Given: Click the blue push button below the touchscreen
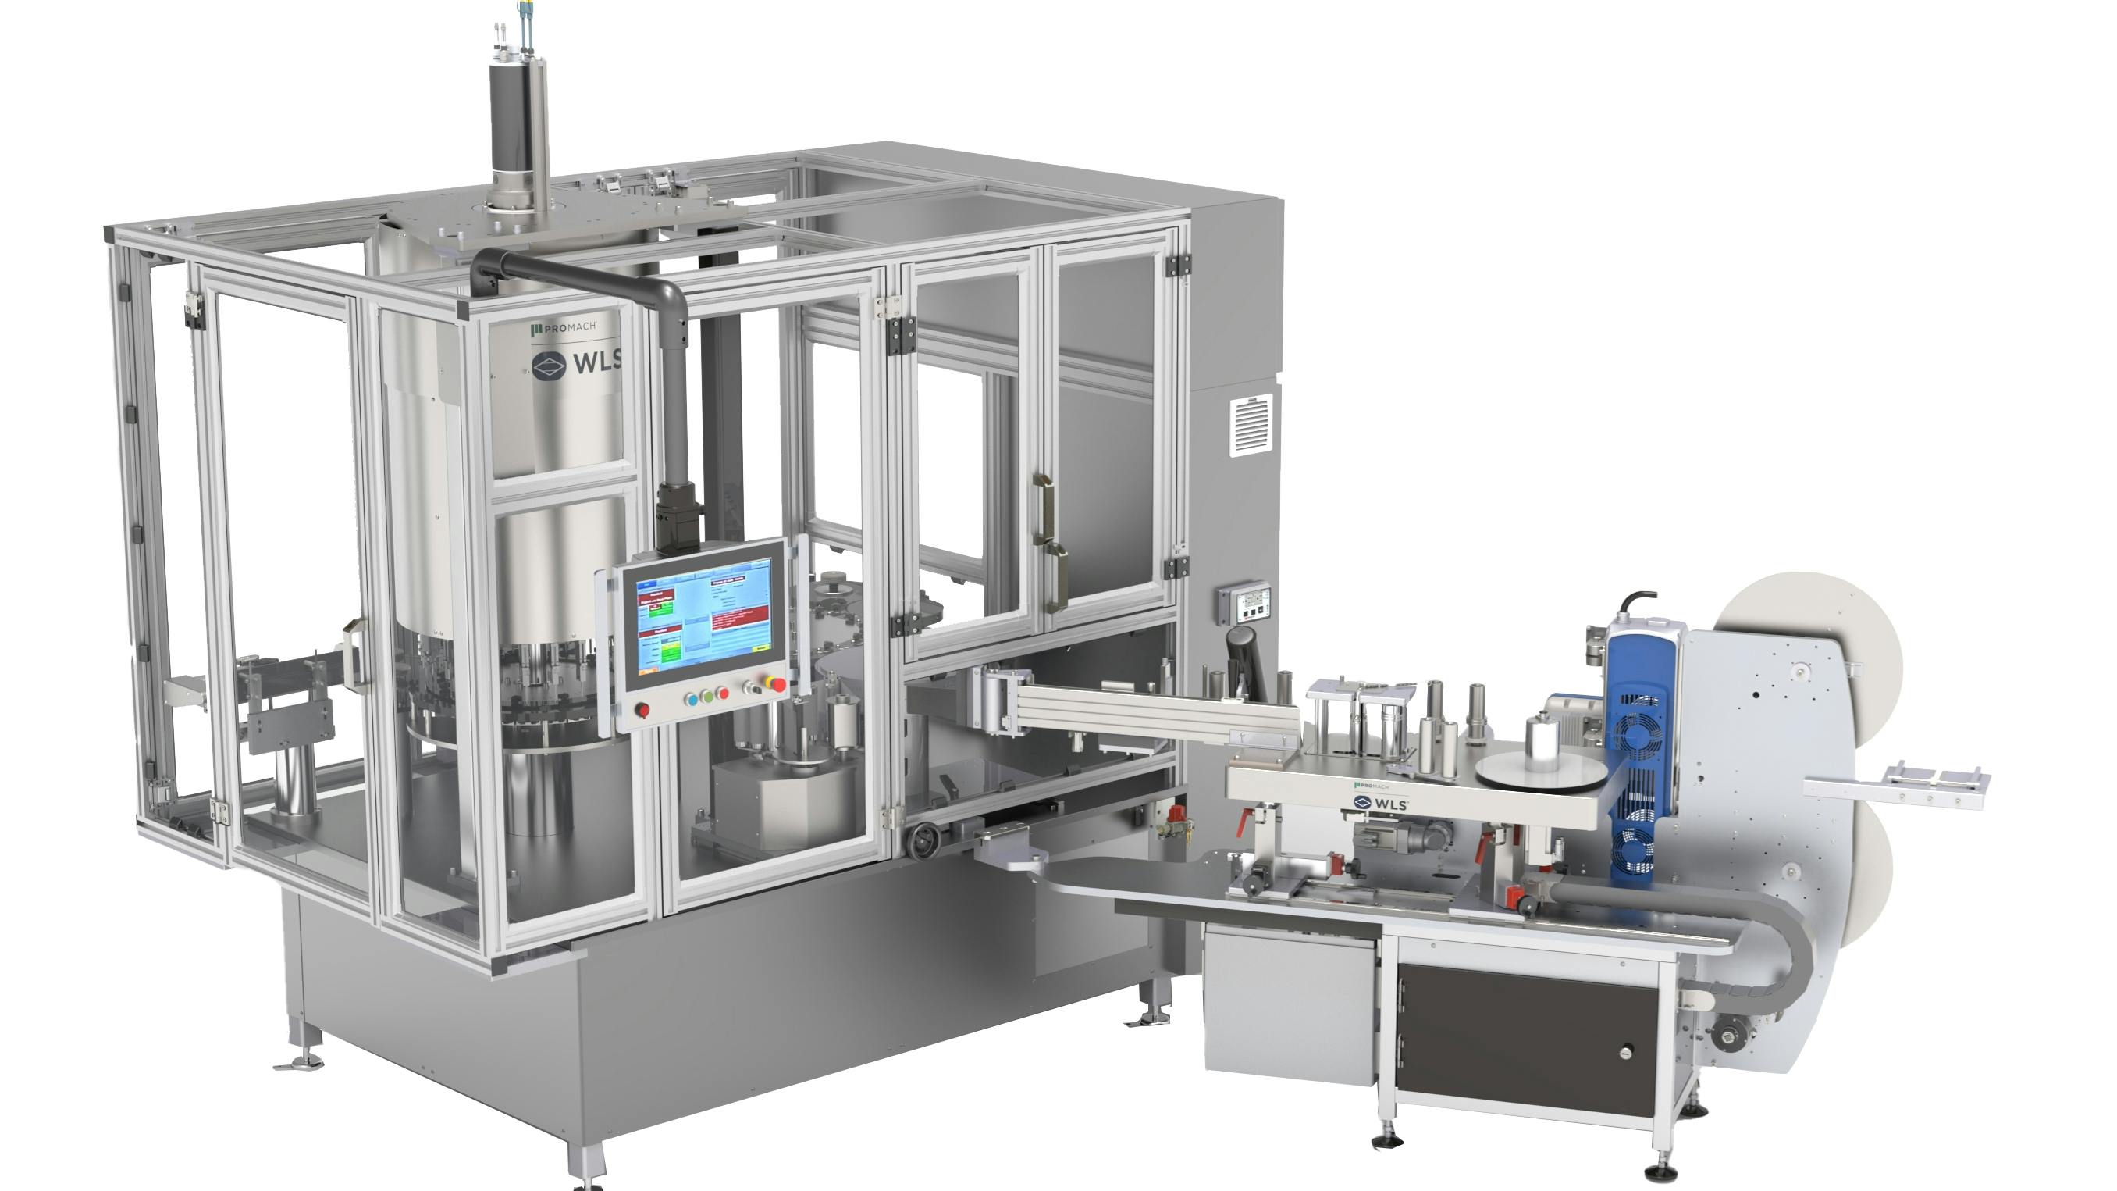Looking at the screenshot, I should coord(692,699).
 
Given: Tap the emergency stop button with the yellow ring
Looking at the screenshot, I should coord(774,684).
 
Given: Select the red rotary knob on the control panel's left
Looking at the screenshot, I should coord(642,710).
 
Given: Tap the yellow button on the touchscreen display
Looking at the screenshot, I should coord(761,647).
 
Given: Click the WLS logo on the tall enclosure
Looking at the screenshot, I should coord(575,364).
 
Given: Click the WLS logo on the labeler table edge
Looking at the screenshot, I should coord(1380,802).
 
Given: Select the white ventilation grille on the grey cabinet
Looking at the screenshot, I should coord(1251,424).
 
